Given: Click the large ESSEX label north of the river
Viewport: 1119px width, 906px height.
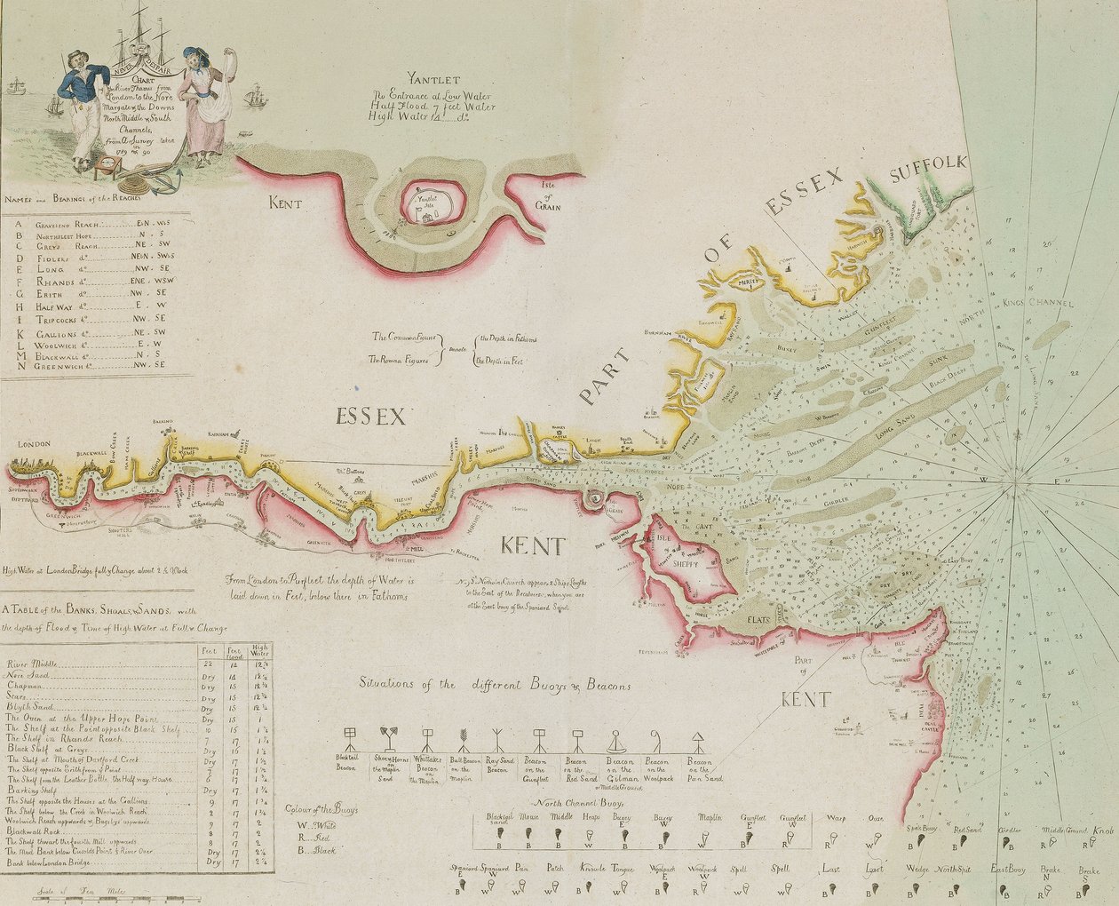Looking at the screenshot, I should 370,415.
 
